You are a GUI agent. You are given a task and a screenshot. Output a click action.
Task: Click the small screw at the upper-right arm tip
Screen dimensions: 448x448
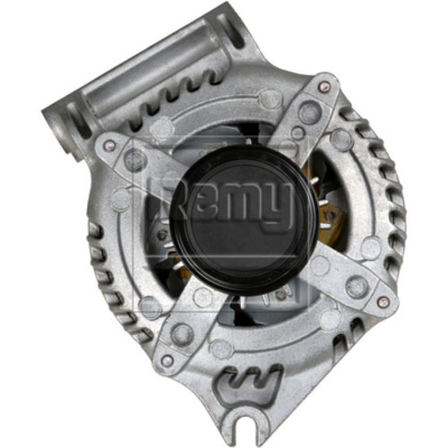(323, 87)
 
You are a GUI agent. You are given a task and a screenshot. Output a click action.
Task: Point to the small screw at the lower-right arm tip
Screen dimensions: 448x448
(384, 301)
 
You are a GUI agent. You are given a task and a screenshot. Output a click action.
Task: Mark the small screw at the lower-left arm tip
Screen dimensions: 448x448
(167, 360)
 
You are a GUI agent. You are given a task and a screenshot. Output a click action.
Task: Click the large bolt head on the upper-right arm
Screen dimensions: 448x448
(307, 113)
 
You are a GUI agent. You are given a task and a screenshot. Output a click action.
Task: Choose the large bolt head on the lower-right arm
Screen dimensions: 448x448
(356, 285)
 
